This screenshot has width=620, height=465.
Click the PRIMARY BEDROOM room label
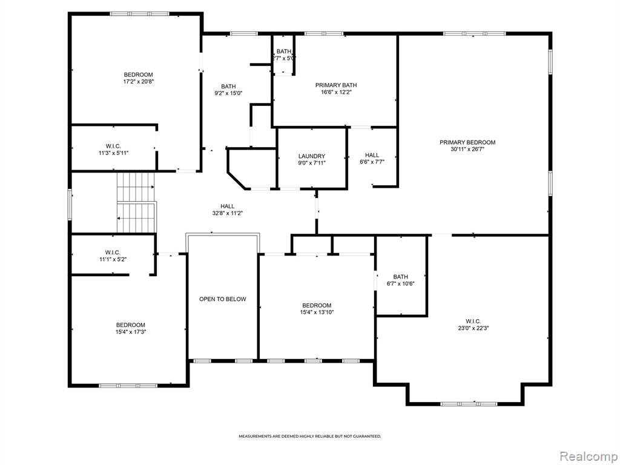click(x=467, y=142)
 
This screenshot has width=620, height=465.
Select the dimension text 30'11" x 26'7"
click(x=467, y=150)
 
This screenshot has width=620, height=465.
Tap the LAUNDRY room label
click(x=312, y=156)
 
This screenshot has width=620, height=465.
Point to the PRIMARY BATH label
click(x=336, y=85)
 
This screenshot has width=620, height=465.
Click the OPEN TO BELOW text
click(x=223, y=299)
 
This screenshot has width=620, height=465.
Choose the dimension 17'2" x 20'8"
click(x=139, y=82)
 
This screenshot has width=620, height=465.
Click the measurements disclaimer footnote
click(x=310, y=437)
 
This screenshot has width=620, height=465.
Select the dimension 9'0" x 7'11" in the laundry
click(x=312, y=163)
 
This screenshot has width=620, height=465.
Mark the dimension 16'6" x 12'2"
click(x=336, y=92)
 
